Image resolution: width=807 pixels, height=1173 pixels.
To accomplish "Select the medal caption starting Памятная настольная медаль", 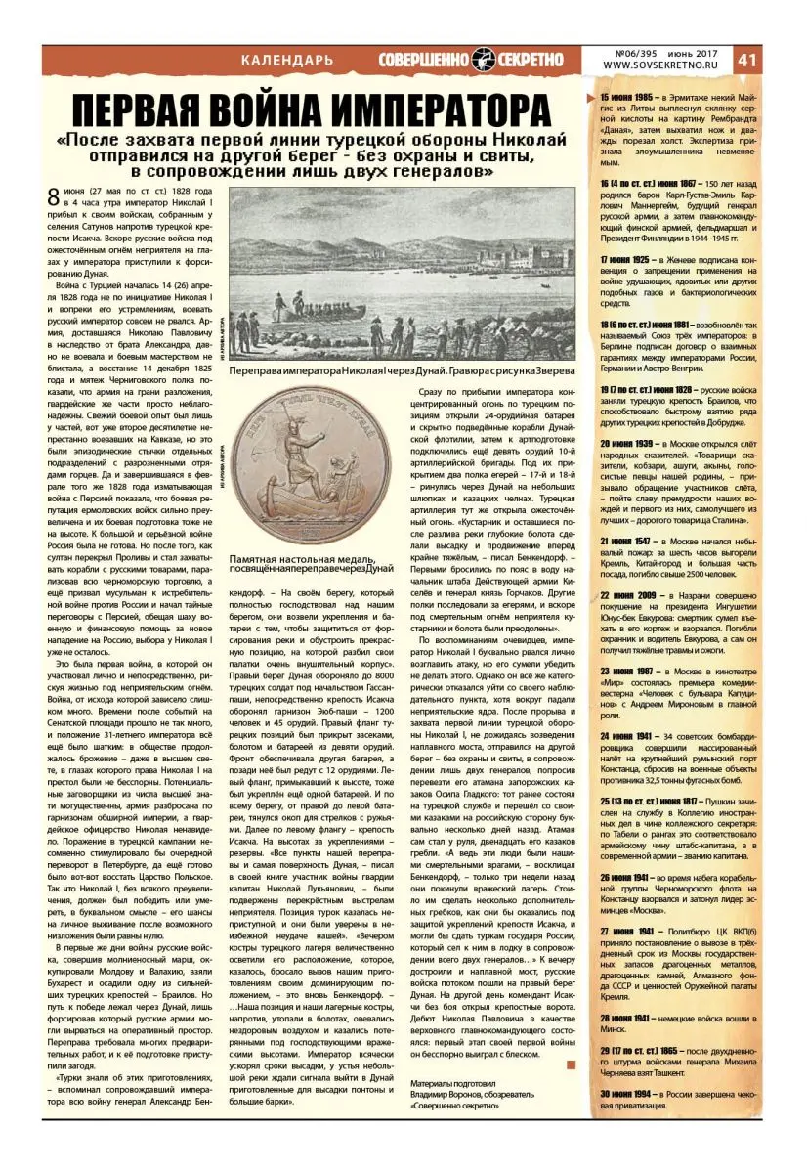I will pos(311,561).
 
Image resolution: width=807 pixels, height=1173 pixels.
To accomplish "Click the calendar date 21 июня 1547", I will pos(625,540).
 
